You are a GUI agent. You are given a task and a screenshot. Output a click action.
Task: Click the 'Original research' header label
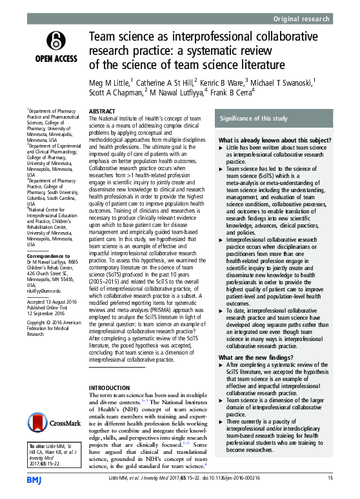308,19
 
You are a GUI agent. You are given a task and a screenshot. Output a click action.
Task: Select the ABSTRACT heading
102,111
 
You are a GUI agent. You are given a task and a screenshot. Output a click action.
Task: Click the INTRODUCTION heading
109,370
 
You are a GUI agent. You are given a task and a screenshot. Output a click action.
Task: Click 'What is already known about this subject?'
266,140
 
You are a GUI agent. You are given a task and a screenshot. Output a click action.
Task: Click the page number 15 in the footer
329,478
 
